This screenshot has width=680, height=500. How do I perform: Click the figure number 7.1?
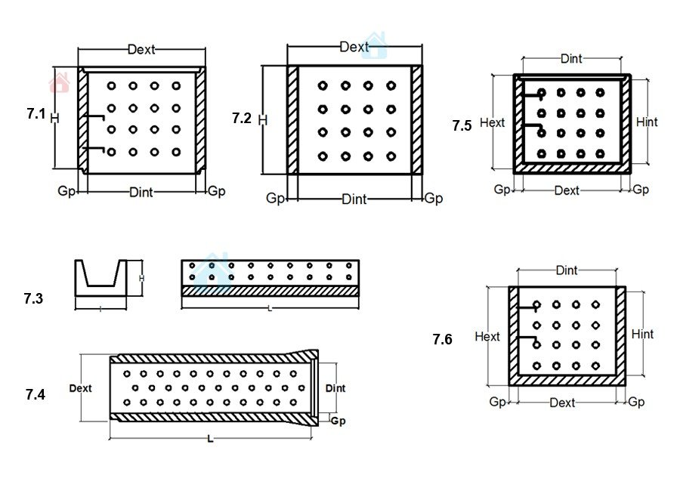point(36,114)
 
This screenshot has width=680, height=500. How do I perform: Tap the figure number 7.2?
point(241,119)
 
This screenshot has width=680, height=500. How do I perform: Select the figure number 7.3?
point(33,298)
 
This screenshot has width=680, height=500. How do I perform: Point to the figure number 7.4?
point(35,394)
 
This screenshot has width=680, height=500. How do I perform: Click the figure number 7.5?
point(462,125)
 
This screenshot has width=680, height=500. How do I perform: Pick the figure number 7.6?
point(442,340)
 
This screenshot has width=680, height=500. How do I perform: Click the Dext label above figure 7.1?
point(141,49)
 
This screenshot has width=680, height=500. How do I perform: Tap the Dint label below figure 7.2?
point(354,199)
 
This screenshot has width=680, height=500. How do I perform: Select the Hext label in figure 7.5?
point(493,122)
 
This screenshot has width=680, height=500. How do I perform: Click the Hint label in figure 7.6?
point(642,334)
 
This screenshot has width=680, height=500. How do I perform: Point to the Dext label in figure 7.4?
point(80,388)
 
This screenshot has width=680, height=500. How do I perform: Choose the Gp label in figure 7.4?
point(338,421)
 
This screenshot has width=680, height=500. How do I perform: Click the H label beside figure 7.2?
point(263,119)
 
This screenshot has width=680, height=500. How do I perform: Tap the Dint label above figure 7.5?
point(571,59)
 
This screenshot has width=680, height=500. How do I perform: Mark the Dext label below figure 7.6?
point(563,403)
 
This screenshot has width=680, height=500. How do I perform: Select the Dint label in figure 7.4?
point(335,388)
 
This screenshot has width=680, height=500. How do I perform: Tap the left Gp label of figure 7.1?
point(66,191)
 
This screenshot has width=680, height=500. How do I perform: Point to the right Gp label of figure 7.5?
point(641,190)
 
